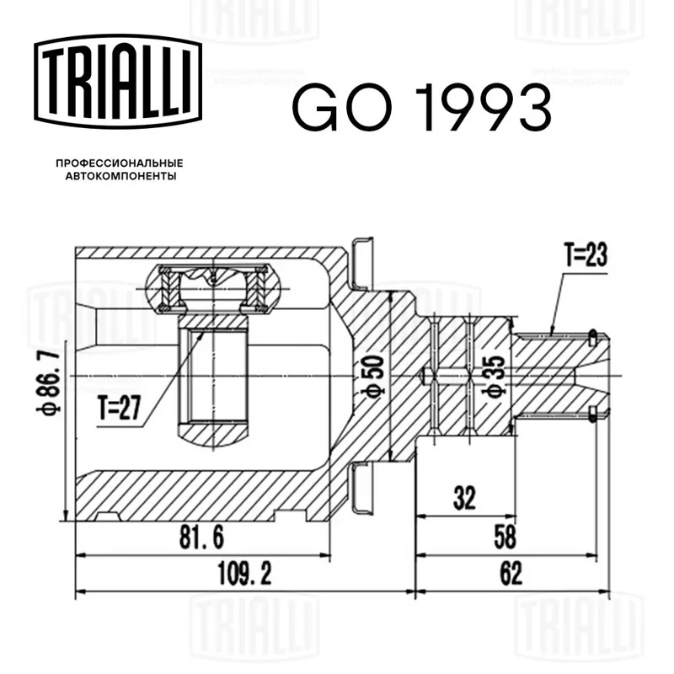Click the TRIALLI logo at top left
point(118,81)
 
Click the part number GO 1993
point(422,108)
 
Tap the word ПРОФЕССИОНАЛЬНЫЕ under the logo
point(120,163)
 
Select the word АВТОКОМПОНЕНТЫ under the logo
point(120,176)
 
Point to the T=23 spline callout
point(586,254)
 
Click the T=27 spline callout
point(120,408)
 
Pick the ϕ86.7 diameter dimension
point(48,382)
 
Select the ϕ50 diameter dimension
point(372,377)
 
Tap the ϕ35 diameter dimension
point(494,376)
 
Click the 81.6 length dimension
point(201,537)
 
